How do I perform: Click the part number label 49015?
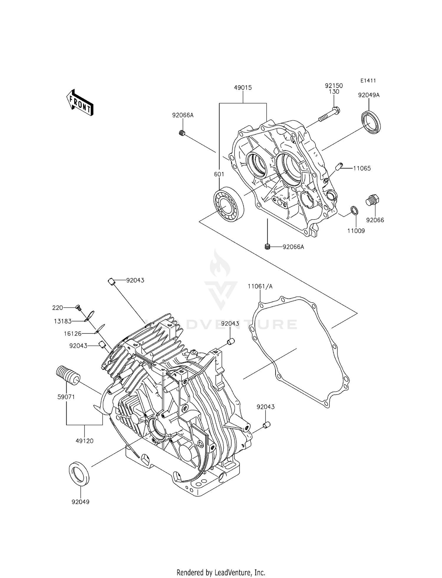point(243,87)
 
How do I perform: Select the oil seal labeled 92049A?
point(371,122)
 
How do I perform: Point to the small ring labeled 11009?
point(354,211)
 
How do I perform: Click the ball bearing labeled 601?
point(229,204)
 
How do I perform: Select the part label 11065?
point(362,168)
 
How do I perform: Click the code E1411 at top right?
point(368,80)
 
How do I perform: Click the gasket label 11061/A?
point(260,286)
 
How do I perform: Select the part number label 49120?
point(84,441)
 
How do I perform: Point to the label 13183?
point(62,321)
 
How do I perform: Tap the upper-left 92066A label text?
point(183,115)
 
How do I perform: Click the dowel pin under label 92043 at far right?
point(266,425)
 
